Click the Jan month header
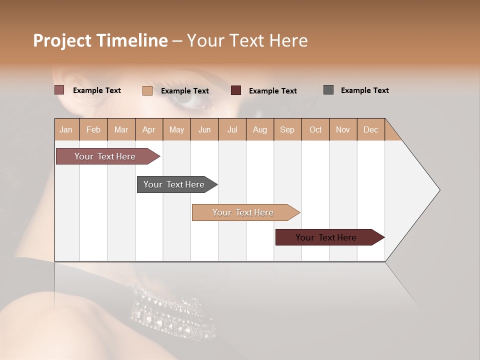(66, 129)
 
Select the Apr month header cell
(148, 129)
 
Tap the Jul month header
(232, 129)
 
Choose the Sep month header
(287, 129)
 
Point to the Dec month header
(370, 129)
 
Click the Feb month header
(93, 129)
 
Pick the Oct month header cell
(315, 129)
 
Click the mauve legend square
(59, 90)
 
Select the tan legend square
(147, 90)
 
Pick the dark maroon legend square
(236, 90)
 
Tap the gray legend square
(328, 90)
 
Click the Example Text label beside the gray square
(364, 90)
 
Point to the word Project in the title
(62, 40)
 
